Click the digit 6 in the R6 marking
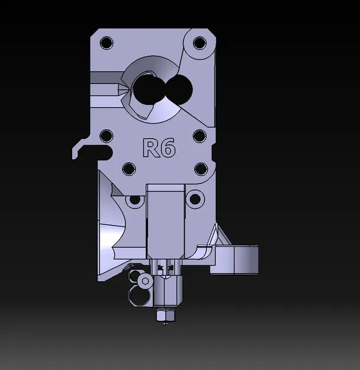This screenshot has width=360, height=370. (x=168, y=148)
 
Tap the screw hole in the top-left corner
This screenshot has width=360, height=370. (x=107, y=43)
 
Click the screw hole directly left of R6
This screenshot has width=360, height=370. (x=107, y=136)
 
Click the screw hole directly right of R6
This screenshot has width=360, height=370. (x=200, y=136)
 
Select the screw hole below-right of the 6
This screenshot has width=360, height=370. (x=200, y=169)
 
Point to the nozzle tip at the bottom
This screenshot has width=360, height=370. (x=165, y=317)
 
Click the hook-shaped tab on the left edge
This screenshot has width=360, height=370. (x=83, y=148)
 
